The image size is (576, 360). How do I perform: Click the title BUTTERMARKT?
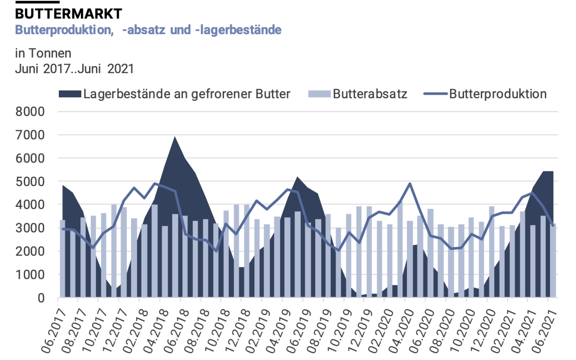click(68, 14)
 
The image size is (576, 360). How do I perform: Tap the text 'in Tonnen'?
click(43, 53)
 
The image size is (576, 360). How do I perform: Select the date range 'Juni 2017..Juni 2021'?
click(74, 68)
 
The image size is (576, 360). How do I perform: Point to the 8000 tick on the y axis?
click(30, 112)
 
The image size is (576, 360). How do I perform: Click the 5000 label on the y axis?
click(30, 181)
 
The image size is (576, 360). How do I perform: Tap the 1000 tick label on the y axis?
click(30, 274)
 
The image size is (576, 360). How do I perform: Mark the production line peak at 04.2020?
click(410, 184)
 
